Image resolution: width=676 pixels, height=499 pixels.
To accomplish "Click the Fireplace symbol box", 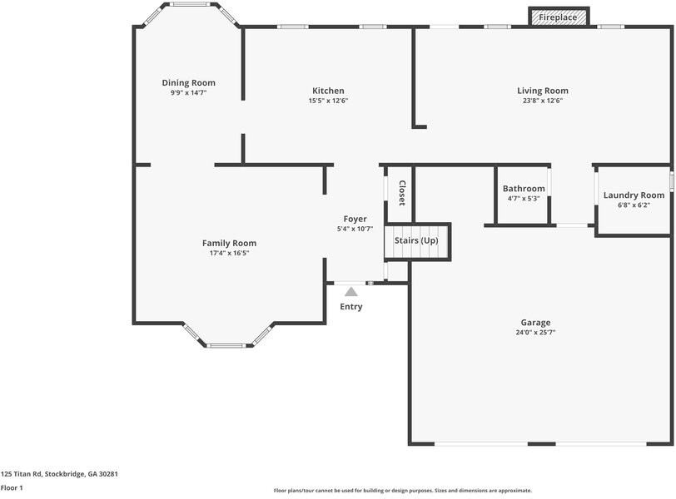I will (559, 17).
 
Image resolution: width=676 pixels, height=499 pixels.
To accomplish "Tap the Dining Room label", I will (188, 82).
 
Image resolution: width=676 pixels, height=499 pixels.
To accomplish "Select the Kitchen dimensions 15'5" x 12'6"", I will (328, 101).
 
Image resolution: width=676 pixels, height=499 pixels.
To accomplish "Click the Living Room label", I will (542, 91).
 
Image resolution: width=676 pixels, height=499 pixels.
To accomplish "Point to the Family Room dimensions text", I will (229, 253).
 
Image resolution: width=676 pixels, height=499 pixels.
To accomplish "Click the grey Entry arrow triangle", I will (351, 291).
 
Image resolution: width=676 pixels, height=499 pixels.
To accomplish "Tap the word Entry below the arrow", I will (351, 307).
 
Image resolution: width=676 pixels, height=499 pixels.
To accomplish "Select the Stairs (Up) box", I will (416, 241).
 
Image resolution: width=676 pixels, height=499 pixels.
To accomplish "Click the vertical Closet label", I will (401, 193).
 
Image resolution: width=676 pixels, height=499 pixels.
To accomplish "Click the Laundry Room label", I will (634, 195).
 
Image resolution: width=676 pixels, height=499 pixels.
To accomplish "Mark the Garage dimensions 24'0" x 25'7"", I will (535, 332).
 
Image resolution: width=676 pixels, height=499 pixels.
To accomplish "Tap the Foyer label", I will (355, 219).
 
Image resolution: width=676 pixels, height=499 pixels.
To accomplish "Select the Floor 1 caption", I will (12, 488).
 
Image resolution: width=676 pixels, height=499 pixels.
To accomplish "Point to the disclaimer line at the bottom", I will (402, 491).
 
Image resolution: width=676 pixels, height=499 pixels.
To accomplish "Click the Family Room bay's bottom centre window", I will (226, 345).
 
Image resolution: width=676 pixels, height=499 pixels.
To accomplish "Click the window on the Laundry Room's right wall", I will (671, 180).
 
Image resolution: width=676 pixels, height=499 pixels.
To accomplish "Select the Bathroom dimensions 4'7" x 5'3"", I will (524, 199).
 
